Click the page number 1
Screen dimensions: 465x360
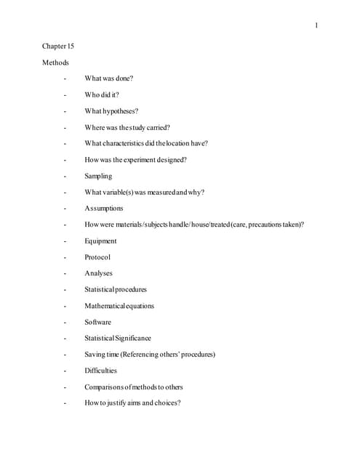point(316,26)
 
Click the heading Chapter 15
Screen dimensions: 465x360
point(57,46)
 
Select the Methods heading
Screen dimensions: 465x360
point(55,62)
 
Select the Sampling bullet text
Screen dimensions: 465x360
point(98,176)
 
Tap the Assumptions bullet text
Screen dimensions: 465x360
point(104,209)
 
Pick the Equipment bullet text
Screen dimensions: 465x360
point(100,240)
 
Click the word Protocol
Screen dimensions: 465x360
point(97,257)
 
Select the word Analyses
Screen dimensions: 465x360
point(98,273)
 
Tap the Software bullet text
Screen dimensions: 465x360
point(98,322)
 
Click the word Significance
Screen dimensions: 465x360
point(134,338)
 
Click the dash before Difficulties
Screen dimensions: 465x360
point(65,371)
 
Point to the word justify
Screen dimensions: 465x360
point(115,403)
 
